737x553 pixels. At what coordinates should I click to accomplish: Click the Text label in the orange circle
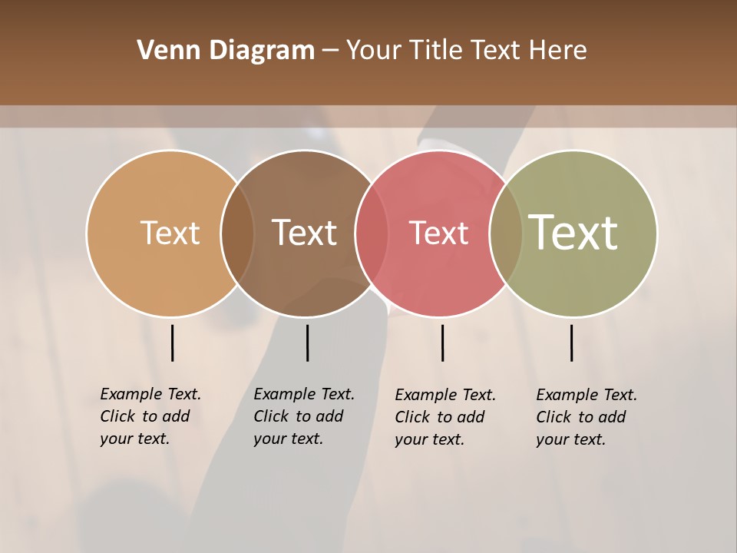170,233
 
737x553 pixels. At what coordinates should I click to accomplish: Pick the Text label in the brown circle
305,233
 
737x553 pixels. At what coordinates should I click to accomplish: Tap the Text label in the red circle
438,233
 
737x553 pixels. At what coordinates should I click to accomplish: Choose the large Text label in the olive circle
573,233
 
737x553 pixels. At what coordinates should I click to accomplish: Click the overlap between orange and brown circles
237,233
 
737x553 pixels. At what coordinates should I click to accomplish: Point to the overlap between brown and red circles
372,233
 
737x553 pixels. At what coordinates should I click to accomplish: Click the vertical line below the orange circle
172,343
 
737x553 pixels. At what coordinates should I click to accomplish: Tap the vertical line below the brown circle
307,343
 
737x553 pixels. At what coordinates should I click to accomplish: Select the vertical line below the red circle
442,343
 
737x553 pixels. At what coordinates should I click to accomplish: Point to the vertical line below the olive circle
571,343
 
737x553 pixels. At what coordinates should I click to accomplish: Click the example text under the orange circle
150,416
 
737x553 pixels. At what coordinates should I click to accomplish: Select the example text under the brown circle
304,416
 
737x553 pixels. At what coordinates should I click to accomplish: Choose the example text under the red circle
445,417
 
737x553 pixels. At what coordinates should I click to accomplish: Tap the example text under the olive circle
587,417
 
